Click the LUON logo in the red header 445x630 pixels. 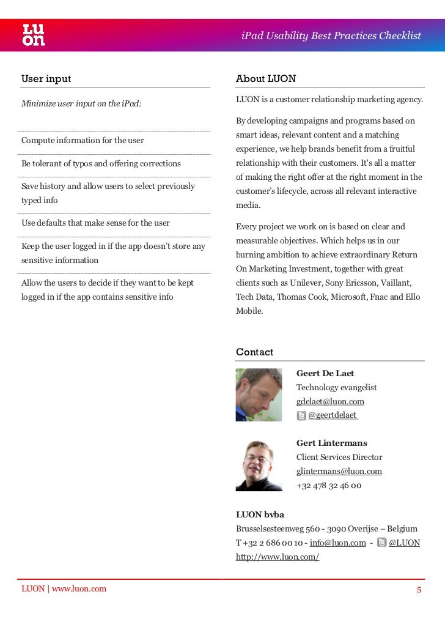34,35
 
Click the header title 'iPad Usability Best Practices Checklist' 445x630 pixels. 331,35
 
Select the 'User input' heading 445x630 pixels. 46,79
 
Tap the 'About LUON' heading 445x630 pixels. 266,79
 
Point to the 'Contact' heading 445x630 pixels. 254,352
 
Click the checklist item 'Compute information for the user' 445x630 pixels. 83,141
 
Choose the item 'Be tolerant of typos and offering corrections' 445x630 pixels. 101,164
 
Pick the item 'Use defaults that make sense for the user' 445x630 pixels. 95,223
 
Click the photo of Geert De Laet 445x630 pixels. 259,395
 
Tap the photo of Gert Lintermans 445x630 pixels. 259,465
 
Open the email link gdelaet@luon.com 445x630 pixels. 330,402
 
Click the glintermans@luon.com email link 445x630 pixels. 339,472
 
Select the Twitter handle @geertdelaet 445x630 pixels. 333,416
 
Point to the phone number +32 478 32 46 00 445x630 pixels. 329,486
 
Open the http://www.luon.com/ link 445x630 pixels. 278,557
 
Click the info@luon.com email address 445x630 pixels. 337,543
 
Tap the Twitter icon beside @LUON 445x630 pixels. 382,543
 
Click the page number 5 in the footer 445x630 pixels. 419,590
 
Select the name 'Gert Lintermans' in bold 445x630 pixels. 331,443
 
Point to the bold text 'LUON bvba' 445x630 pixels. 260,515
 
